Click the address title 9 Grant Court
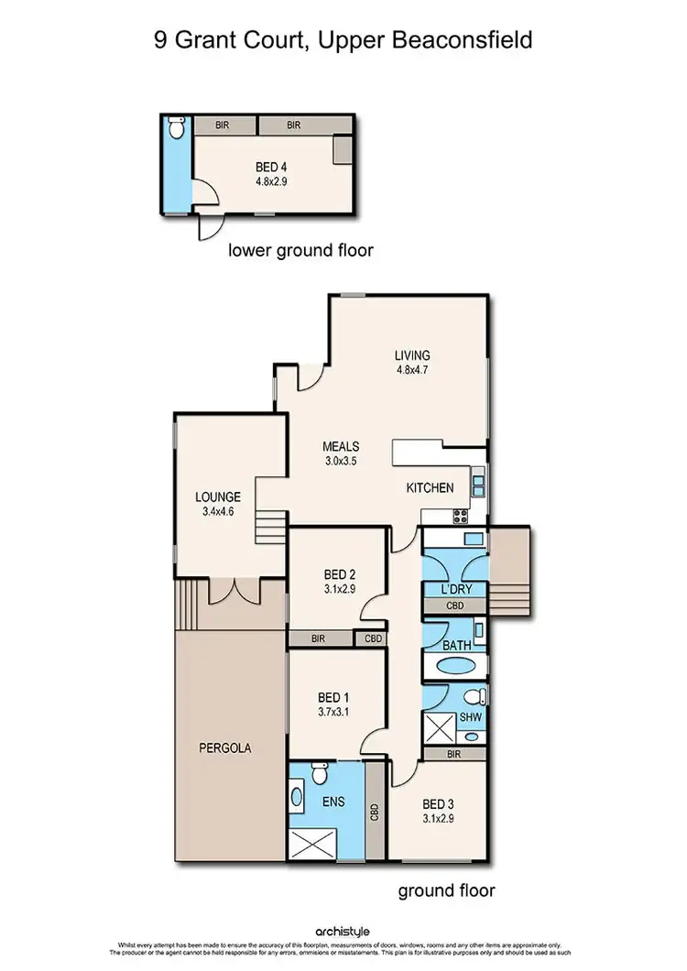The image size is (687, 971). (x=343, y=41)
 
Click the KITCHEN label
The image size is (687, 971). (x=430, y=488)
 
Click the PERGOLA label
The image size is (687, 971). (x=224, y=747)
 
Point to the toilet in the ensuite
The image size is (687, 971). (x=319, y=774)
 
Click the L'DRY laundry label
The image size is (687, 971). (x=455, y=586)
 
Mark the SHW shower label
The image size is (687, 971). (x=471, y=717)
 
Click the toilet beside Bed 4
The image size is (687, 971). (x=179, y=126)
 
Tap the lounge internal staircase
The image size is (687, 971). (x=271, y=529)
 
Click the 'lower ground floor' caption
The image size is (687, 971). (x=300, y=250)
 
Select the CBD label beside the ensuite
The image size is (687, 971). (x=374, y=812)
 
